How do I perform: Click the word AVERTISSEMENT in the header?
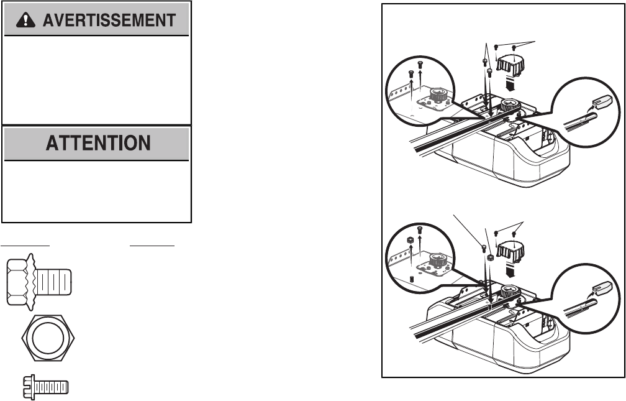click(109, 21)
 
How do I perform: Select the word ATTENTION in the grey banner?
click(98, 144)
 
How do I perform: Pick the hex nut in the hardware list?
click(47, 339)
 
